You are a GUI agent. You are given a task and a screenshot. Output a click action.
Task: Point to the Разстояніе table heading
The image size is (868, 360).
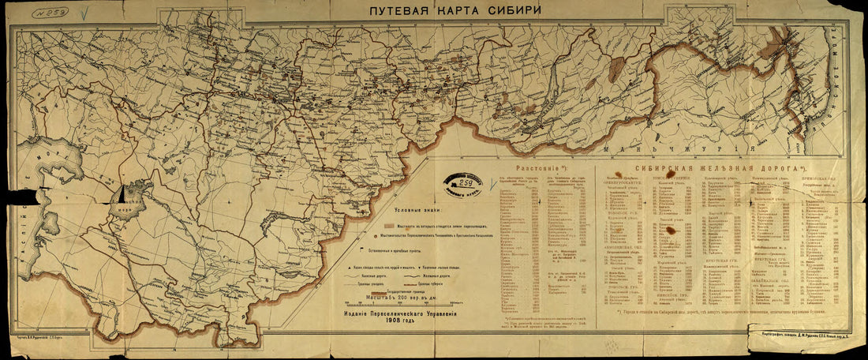[538, 169]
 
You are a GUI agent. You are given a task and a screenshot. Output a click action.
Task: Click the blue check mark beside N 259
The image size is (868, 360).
[84, 13]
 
